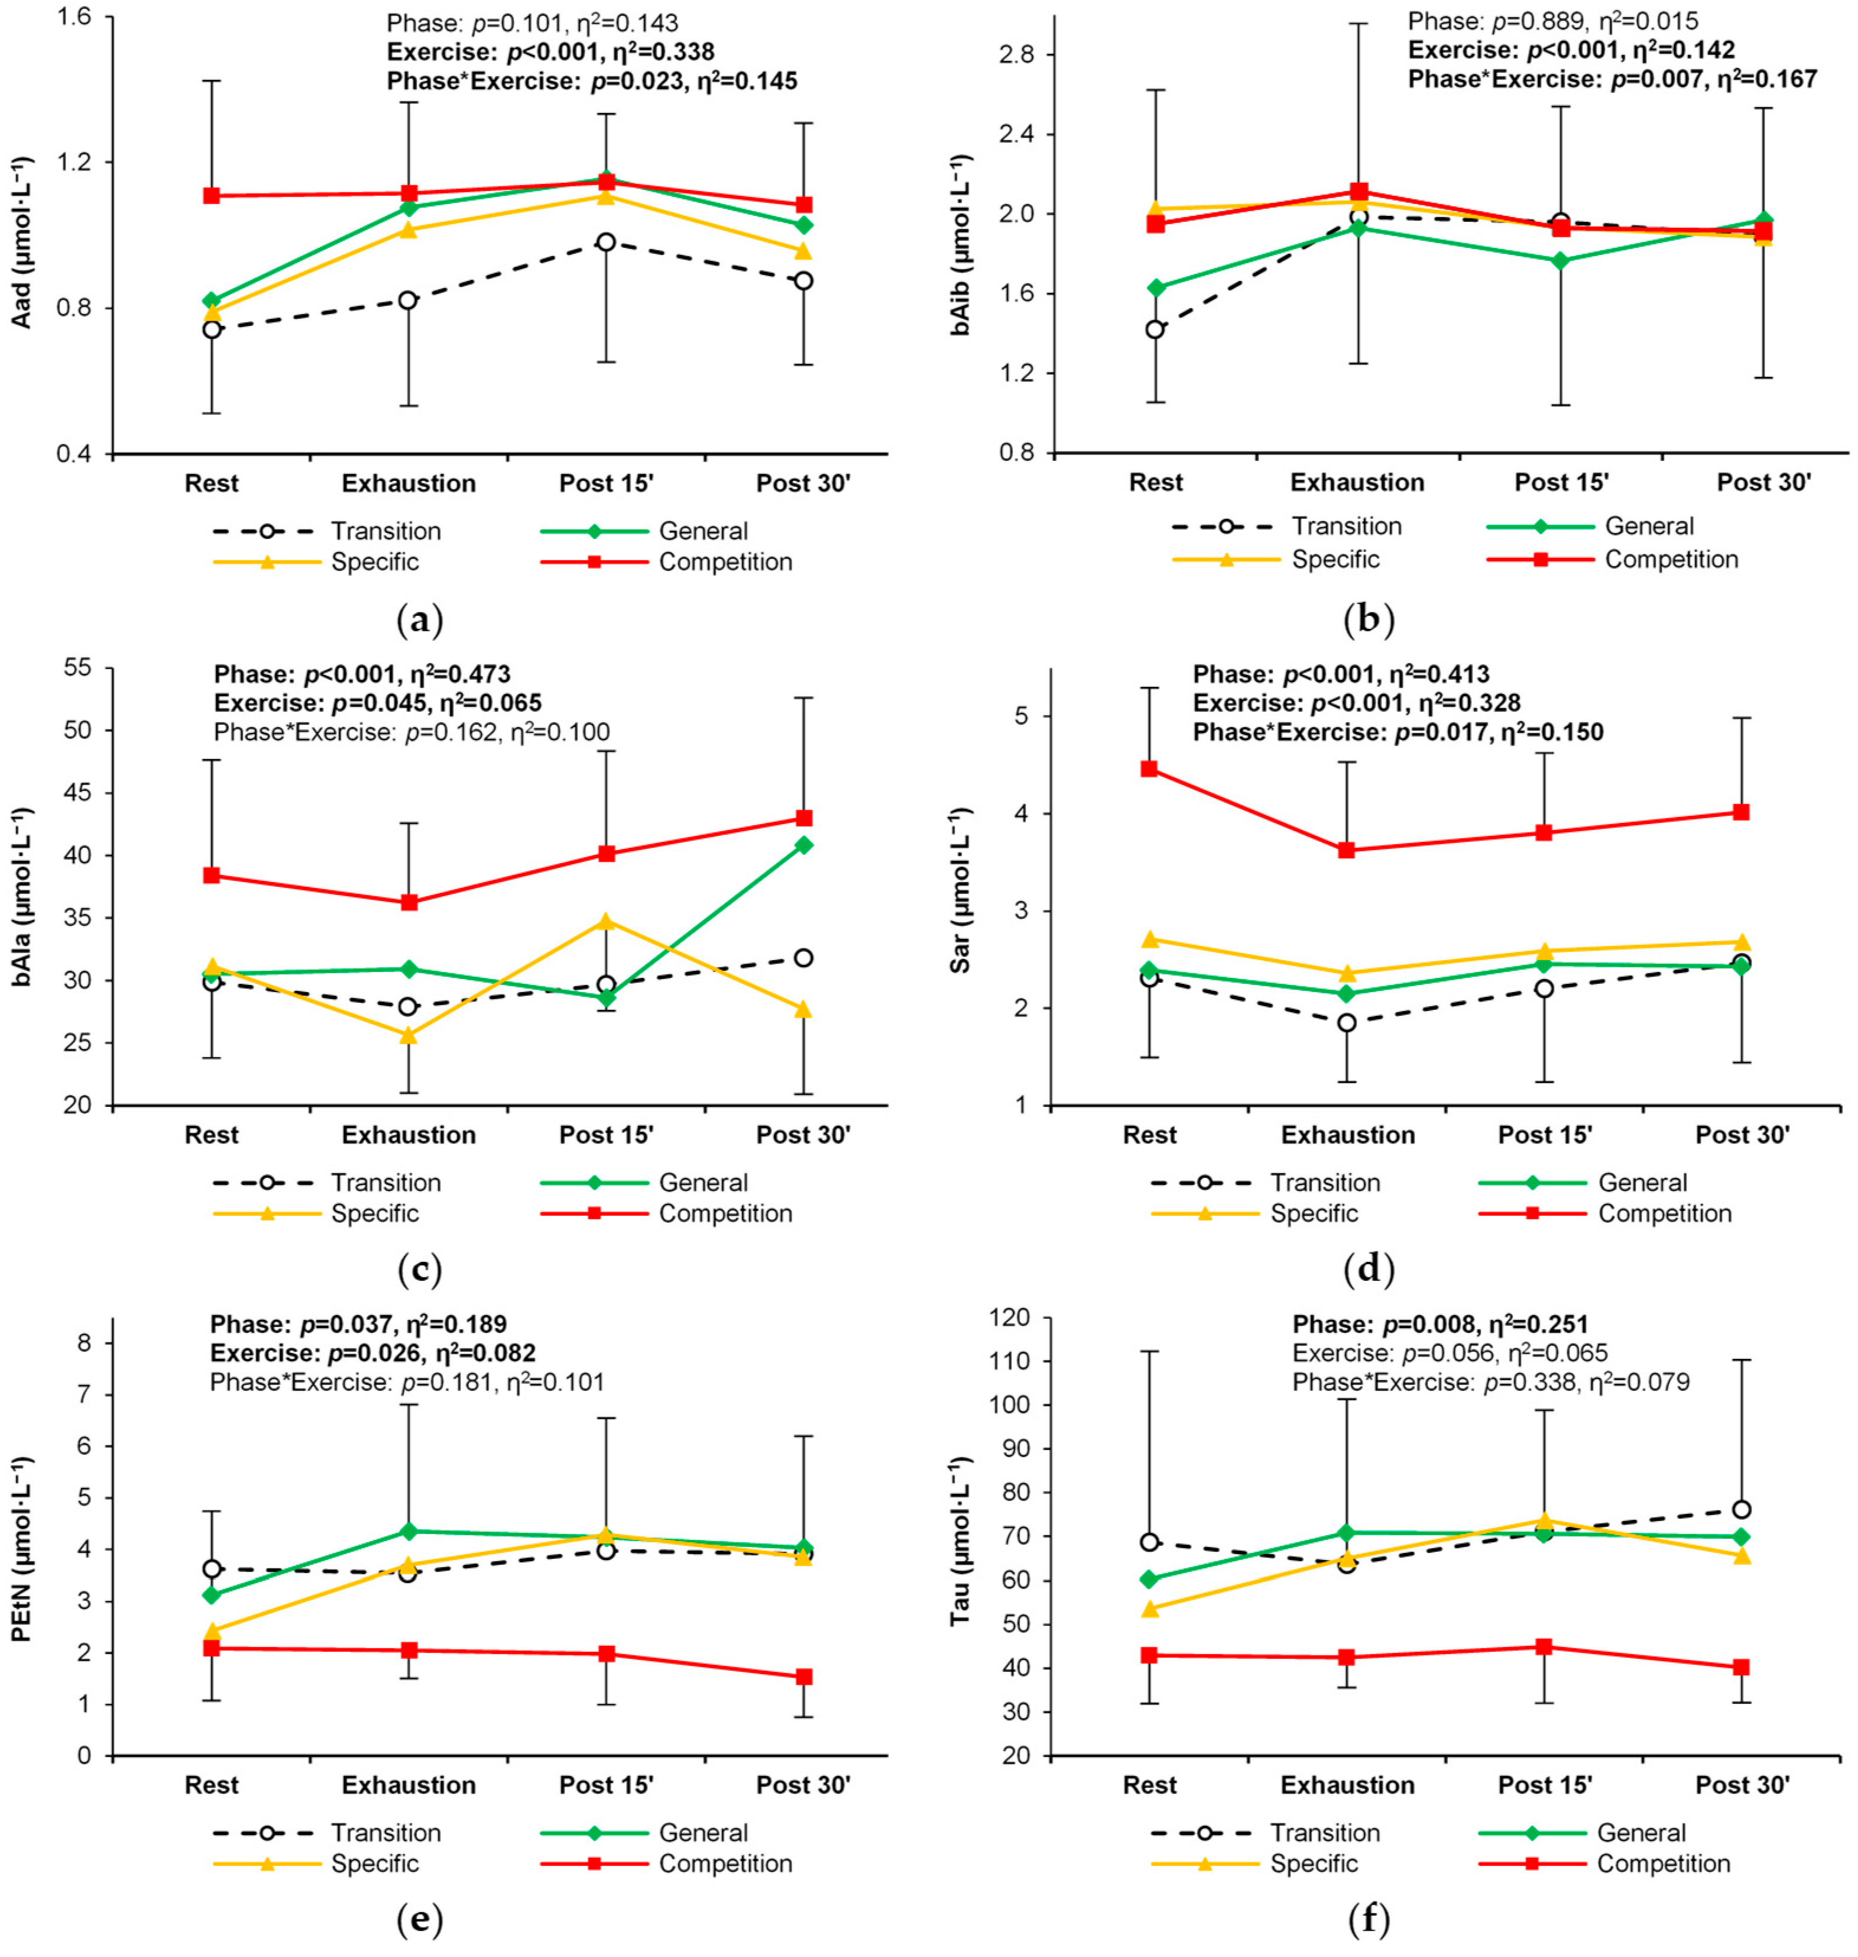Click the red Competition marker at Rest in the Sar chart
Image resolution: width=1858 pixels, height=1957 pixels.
[x=1149, y=769]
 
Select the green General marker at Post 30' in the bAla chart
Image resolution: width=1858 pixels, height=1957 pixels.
[x=804, y=845]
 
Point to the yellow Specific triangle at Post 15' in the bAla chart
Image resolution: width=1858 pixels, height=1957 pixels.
[x=606, y=922]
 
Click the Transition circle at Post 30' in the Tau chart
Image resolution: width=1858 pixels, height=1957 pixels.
[x=1741, y=1509]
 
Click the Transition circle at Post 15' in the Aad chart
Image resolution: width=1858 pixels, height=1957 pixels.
[x=606, y=242]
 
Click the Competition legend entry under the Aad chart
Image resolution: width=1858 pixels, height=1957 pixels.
[x=725, y=562]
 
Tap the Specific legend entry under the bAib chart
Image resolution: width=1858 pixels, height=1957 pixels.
[x=1335, y=559]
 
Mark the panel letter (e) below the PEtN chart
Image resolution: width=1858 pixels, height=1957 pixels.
[x=419, y=1919]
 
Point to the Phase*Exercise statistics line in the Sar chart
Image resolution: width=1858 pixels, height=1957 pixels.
[x=1397, y=732]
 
